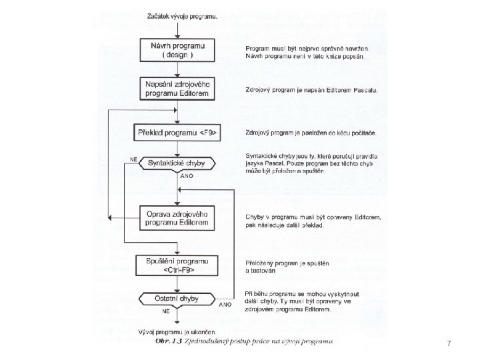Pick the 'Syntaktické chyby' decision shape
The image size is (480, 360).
click(177, 163)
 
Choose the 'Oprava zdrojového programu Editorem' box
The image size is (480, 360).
click(177, 217)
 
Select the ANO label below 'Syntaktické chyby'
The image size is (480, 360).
click(187, 177)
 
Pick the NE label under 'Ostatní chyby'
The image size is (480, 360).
click(166, 311)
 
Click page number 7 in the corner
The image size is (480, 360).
click(449, 343)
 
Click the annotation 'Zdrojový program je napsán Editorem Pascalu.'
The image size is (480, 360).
click(311, 91)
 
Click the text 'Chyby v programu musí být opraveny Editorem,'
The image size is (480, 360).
click(313, 217)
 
